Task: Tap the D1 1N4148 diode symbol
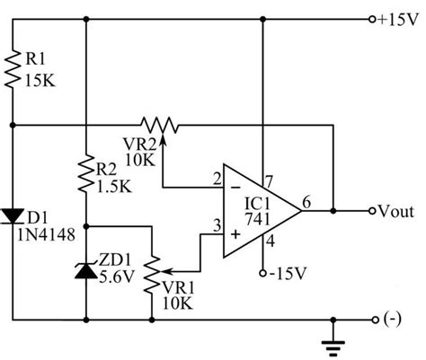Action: [x=15, y=215]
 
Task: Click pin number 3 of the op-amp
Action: [x=216, y=227]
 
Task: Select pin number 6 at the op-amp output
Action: [x=309, y=202]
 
